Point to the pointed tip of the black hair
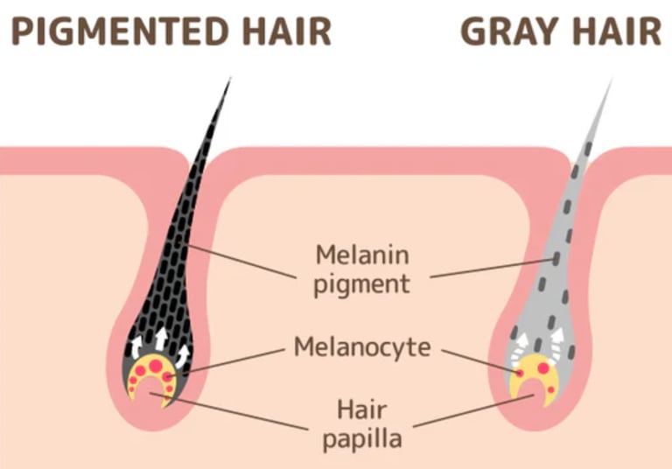[230, 80]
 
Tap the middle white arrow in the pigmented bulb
[161, 336]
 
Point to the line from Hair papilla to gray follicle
[472, 410]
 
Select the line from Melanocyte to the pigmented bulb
[236, 359]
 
